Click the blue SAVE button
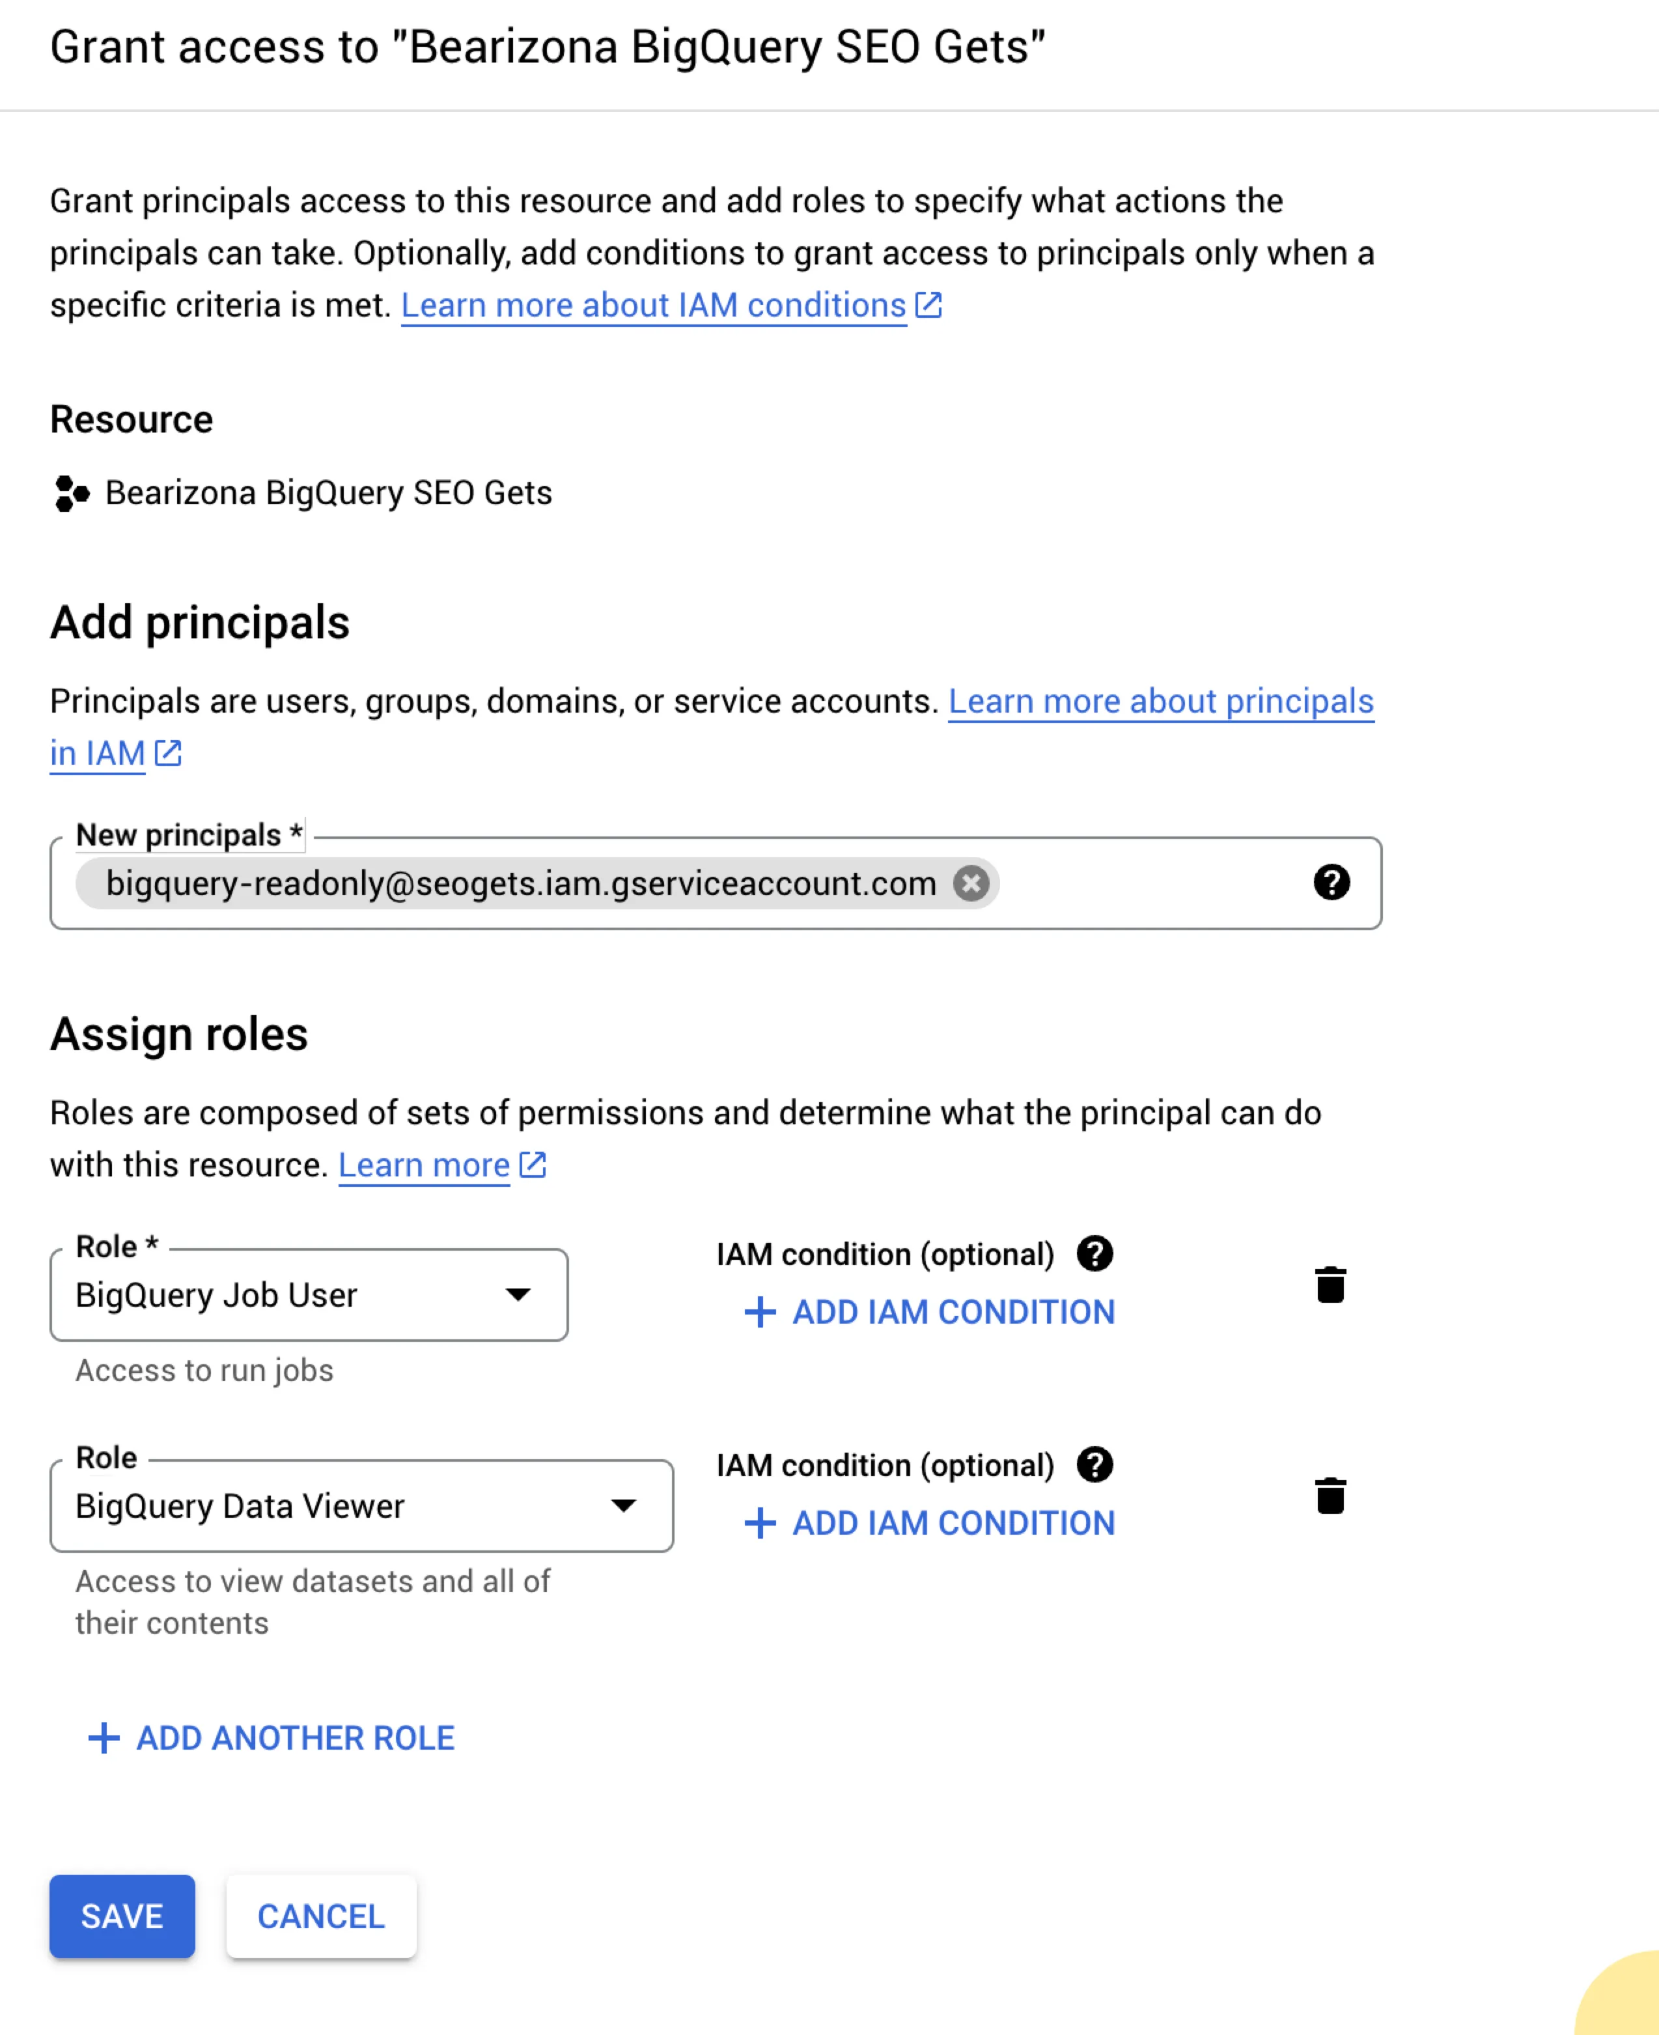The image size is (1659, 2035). [122, 1916]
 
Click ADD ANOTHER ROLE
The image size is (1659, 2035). [272, 1738]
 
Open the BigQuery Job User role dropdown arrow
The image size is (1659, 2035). [518, 1294]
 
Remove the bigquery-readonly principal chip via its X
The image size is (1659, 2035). [971, 883]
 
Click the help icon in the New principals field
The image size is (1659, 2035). [1331, 882]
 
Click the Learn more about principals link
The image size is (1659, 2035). [1160, 701]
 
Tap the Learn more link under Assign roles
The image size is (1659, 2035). [425, 1165]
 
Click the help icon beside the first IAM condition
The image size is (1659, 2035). [1095, 1253]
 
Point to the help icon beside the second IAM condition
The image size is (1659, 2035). [1095, 1464]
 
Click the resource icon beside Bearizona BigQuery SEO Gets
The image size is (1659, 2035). [72, 493]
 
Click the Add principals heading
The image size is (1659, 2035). [200, 622]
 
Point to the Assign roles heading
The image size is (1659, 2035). [178, 1034]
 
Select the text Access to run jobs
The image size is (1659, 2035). [204, 1371]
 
